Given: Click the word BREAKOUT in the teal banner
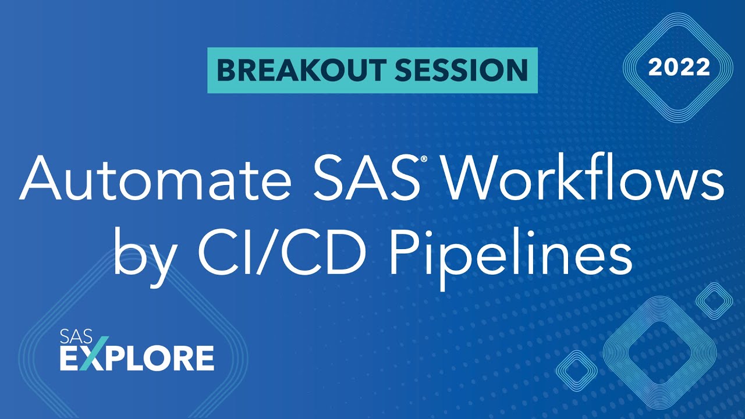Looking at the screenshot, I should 299,70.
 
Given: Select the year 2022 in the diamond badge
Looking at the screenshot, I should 679,68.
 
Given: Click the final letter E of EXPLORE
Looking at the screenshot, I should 203,358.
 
